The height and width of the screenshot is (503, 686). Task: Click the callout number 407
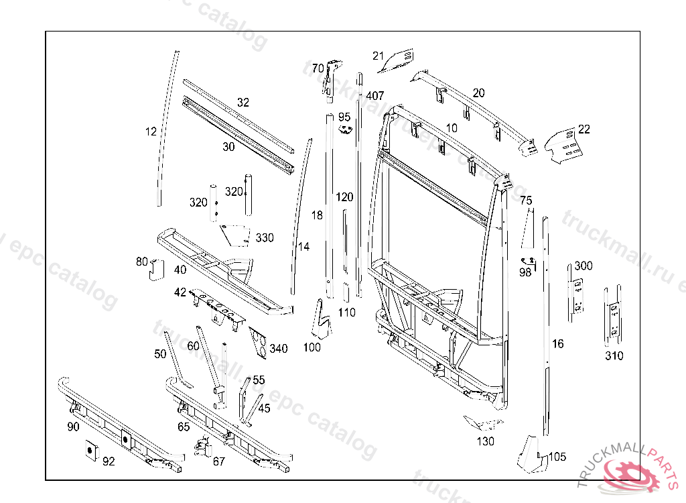tap(375, 96)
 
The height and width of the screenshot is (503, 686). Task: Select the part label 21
tap(379, 56)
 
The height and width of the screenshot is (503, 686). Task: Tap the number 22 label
tap(584, 129)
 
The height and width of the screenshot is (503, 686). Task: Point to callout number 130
tap(486, 441)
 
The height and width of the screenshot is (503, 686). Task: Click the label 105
tap(557, 457)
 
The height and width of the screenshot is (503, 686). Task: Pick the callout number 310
tap(614, 355)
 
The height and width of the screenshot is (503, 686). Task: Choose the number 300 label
tap(583, 266)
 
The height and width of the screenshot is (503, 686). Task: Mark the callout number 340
tap(278, 348)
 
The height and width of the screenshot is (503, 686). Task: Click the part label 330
tap(265, 238)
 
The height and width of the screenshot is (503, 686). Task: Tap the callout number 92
tap(108, 461)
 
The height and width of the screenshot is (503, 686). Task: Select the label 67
tap(219, 461)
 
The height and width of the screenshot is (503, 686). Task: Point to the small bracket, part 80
tap(155, 268)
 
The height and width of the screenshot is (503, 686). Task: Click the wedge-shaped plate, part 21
tap(397, 60)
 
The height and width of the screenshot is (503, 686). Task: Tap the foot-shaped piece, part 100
tap(321, 319)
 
